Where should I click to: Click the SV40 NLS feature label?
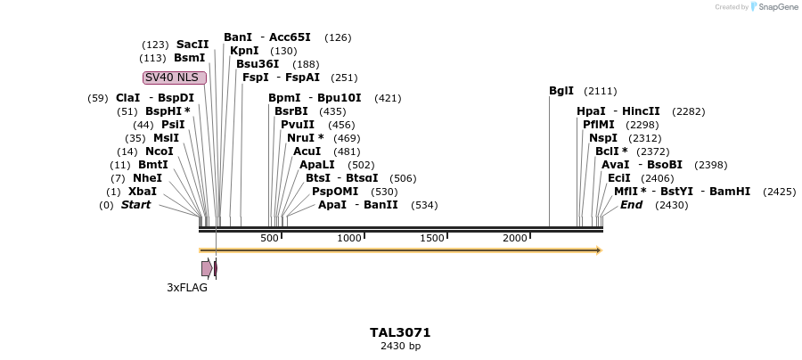pyautogui.click(x=175, y=78)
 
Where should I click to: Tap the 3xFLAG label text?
pyautogui.click(x=187, y=288)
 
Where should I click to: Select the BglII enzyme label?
pyautogui.click(x=561, y=91)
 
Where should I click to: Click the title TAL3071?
pyautogui.click(x=400, y=332)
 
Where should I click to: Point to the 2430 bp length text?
pyautogui.click(x=400, y=346)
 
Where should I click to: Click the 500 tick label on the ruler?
pyautogui.click(x=269, y=238)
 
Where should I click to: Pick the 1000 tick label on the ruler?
pyautogui.click(x=349, y=238)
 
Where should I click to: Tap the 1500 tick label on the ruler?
pyautogui.click(x=432, y=238)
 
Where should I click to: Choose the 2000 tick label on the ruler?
pyautogui.click(x=515, y=238)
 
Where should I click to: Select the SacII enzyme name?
pyautogui.click(x=192, y=45)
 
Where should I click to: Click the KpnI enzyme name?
pyautogui.click(x=244, y=51)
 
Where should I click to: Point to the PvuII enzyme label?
pyautogui.click(x=298, y=125)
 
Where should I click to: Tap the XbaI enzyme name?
pyautogui.click(x=143, y=192)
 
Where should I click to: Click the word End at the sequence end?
pyautogui.click(x=631, y=205)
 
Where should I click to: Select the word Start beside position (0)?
pyautogui.click(x=135, y=205)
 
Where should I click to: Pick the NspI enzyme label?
pyautogui.click(x=603, y=138)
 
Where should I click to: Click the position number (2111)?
pyautogui.click(x=600, y=91)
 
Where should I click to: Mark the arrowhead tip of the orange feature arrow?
pyautogui.click(x=601, y=250)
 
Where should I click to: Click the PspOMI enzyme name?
pyautogui.click(x=335, y=192)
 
